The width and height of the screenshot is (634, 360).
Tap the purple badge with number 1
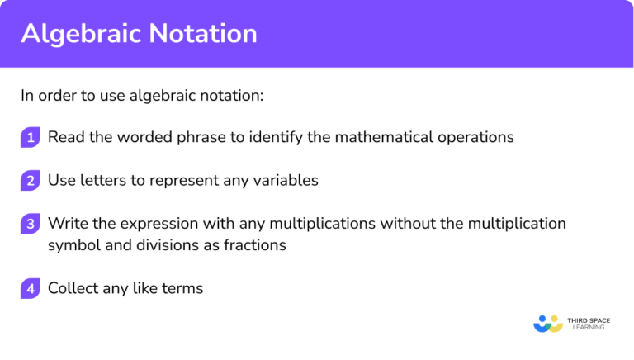click(31, 138)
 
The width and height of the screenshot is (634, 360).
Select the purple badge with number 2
click(31, 180)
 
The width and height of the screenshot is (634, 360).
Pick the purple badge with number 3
click(31, 224)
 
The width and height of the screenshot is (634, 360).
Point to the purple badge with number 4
click(31, 288)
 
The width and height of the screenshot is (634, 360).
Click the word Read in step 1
click(64, 137)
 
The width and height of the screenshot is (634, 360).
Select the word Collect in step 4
click(73, 288)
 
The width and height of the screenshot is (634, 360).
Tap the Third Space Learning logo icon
click(547, 323)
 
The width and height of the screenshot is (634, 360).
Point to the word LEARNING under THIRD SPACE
click(586, 328)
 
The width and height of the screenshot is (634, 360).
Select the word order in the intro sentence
click(57, 95)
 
